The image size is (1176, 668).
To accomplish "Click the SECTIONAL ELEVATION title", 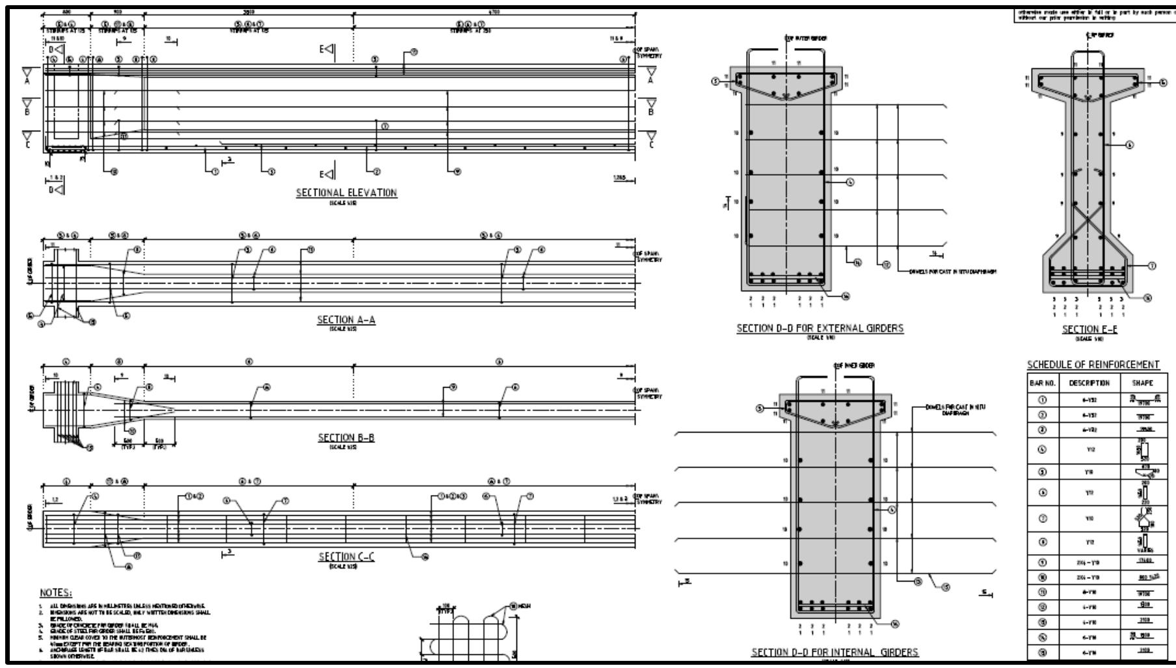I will click(346, 193).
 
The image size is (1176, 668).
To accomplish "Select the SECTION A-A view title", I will click(346, 320).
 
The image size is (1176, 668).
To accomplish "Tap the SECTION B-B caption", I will click(346, 438).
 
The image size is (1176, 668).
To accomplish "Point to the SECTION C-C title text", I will click(346, 557).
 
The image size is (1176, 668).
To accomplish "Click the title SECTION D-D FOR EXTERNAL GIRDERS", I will click(820, 328).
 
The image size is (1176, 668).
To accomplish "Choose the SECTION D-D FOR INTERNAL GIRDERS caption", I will click(835, 652).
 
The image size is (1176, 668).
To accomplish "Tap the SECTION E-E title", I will click(1089, 330).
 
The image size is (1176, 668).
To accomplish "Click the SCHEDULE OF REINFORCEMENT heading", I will click(1093, 364).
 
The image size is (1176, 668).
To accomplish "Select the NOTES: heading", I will click(56, 593).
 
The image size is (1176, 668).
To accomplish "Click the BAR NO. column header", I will click(1042, 383).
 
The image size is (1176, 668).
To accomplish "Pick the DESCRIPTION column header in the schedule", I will click(1088, 383).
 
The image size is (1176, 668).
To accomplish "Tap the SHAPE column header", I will click(1142, 383).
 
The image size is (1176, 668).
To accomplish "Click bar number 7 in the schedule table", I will click(1042, 518).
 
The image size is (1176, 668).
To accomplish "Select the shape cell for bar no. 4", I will click(1142, 449).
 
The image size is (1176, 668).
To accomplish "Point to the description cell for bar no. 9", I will click(1088, 561).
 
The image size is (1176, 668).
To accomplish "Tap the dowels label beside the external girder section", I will click(952, 272).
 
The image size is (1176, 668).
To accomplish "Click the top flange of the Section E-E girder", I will click(1089, 82).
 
